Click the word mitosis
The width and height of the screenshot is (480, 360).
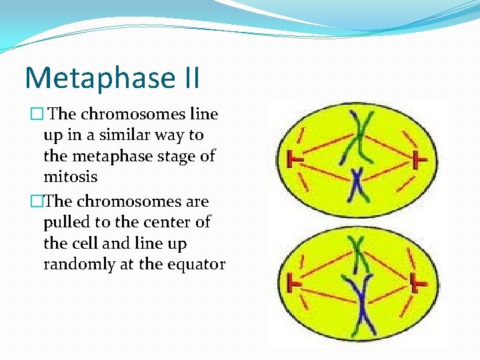70,177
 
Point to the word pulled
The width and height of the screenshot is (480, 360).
63,222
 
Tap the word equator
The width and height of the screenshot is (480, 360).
198,264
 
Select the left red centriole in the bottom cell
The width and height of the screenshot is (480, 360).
291,283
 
